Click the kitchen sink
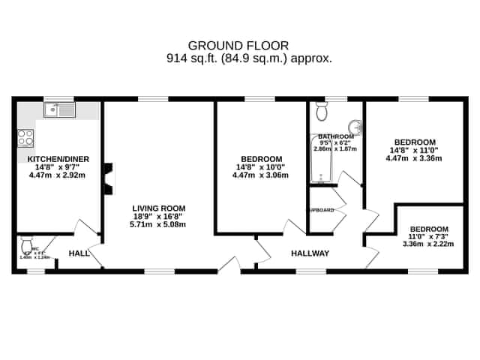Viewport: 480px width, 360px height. (59, 111)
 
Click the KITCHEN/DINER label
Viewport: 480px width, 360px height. (58, 160)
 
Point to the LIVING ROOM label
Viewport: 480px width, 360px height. (158, 208)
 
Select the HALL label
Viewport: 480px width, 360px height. (79, 254)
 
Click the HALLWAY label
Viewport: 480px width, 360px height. (310, 253)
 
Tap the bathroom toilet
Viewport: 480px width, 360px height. (322, 112)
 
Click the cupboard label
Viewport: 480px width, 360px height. (322, 210)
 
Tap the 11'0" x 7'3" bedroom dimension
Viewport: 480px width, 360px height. (428, 236)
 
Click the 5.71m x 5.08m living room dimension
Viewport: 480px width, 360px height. (158, 224)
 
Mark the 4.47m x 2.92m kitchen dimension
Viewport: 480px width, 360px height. (58, 176)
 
